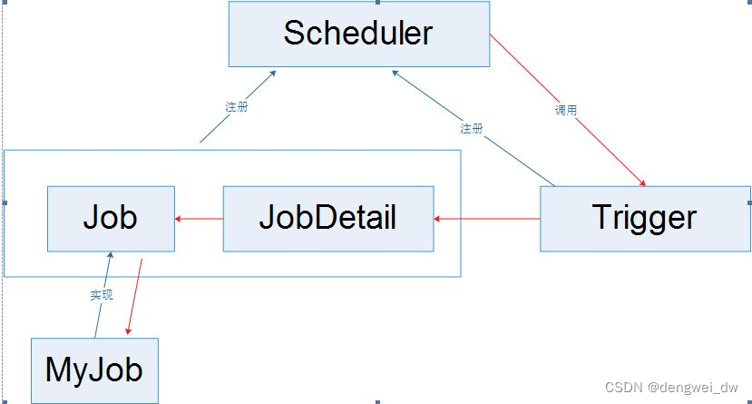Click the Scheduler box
pos(358,34)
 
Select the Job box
pos(111,218)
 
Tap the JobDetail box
pos(327,218)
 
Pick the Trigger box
pos(645,218)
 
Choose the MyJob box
pos(94,370)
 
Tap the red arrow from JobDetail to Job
pos(200,218)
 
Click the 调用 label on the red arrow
pos(565,110)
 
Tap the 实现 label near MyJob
pos(102,295)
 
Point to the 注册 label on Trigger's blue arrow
pos(471,128)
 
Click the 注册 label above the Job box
pos(236,106)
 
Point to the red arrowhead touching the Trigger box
pos(642,182)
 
